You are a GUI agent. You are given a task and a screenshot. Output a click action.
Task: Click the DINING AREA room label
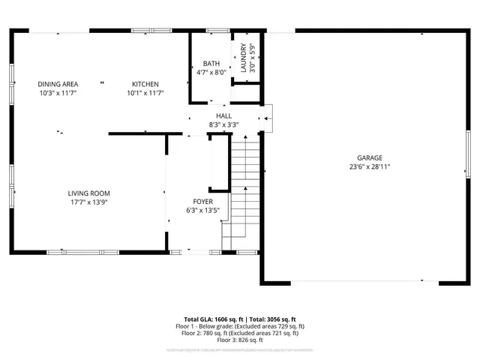pyautogui.click(x=58, y=83)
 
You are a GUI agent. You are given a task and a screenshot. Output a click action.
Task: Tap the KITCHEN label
pyautogui.click(x=145, y=83)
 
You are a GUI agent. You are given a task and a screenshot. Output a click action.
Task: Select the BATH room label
pyautogui.click(x=211, y=64)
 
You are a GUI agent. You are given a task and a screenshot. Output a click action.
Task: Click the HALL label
pyautogui.click(x=223, y=115)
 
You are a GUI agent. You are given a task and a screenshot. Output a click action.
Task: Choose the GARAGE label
pyautogui.click(x=369, y=157)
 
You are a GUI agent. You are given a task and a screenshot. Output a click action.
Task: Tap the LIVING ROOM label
pyautogui.click(x=89, y=193)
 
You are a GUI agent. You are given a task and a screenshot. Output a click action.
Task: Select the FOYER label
pyautogui.click(x=202, y=202)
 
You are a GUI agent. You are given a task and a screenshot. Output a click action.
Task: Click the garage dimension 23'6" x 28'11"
pyautogui.click(x=369, y=166)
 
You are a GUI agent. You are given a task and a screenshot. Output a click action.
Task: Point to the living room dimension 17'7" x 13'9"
pyautogui.click(x=89, y=202)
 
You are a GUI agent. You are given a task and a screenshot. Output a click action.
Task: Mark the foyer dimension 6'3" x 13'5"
pyautogui.click(x=202, y=211)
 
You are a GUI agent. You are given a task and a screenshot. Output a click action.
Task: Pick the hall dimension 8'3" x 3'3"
pyautogui.click(x=223, y=124)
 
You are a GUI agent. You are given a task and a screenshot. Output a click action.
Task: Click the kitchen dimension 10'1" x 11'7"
pyautogui.click(x=145, y=93)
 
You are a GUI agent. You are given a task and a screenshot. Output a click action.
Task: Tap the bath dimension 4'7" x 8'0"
pyautogui.click(x=211, y=73)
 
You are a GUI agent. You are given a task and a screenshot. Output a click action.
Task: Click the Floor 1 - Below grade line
pyautogui.click(x=240, y=326)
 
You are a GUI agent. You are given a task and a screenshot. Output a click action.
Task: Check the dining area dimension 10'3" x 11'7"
pyautogui.click(x=58, y=93)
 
